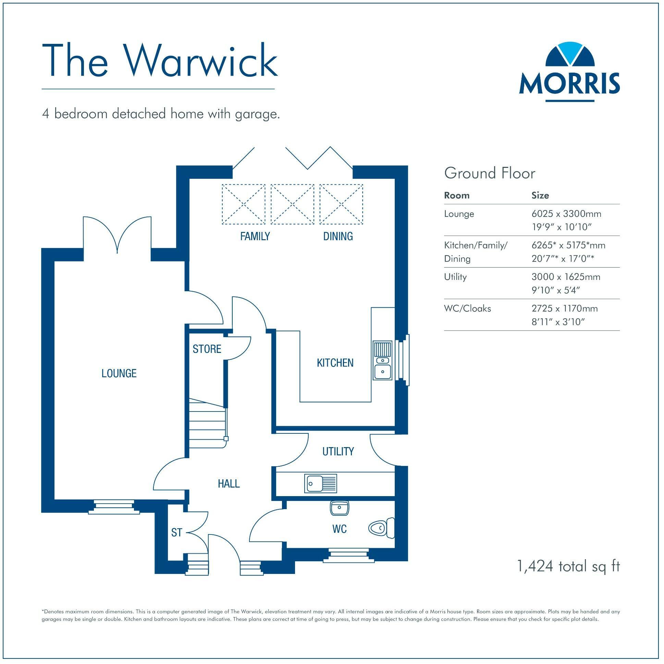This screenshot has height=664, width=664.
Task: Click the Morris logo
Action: [569, 72]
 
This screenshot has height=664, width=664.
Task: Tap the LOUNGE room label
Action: [119, 373]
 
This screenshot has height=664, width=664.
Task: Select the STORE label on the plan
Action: [207, 349]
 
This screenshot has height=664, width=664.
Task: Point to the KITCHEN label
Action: [335, 363]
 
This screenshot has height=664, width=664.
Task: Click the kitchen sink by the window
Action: [382, 361]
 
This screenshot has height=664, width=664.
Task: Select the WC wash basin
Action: [339, 508]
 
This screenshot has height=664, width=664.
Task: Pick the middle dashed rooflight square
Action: [292, 205]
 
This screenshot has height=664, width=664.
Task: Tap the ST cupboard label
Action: [176, 533]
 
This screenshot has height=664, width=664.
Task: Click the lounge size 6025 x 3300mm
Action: [566, 214]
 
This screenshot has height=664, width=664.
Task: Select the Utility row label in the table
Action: [455, 277]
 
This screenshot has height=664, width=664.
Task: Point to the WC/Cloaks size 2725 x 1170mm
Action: [564, 309]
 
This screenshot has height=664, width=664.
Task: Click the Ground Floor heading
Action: [489, 173]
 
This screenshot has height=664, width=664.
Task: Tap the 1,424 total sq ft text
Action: [568, 566]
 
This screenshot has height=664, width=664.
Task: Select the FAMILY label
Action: [255, 236]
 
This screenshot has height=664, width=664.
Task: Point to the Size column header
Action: [540, 196]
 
